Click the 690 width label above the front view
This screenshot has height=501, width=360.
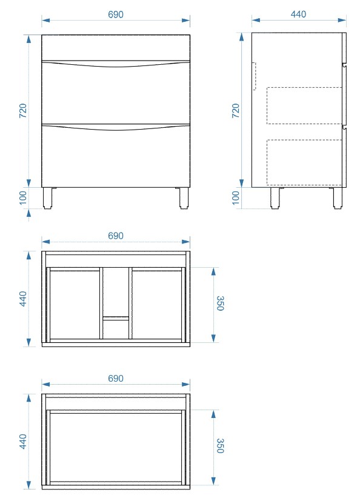115,15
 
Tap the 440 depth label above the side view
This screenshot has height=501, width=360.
298,15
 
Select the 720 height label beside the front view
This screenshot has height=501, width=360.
23,111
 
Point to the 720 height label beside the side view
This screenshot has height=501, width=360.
236,111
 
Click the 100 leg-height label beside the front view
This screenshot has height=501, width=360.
23,198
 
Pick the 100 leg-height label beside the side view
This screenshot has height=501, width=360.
236,198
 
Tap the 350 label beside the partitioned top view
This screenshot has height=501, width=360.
220,304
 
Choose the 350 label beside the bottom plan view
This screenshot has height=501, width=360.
220,446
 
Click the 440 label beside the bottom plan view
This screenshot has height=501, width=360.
23,441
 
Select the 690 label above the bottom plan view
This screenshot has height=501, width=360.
115,378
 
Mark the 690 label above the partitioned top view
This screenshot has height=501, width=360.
115,236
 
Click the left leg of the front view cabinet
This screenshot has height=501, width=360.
48,198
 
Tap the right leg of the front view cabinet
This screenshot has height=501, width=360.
184,198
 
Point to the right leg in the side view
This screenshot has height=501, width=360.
338,198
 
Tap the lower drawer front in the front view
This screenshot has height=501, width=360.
116,156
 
